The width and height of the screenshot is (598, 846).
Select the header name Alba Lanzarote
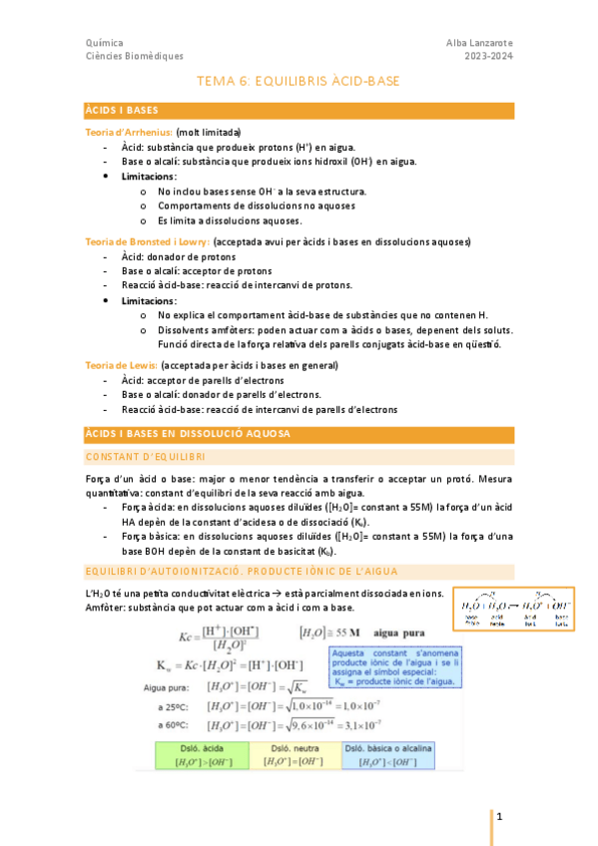(x=479, y=43)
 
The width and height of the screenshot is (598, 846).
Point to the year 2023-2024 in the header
(x=489, y=57)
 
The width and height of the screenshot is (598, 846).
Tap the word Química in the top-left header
(x=105, y=43)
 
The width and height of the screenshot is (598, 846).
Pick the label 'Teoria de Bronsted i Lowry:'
(x=147, y=242)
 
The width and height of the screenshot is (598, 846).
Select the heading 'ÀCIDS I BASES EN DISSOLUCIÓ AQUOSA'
(x=188, y=434)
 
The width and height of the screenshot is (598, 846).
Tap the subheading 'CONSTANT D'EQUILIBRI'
(x=146, y=456)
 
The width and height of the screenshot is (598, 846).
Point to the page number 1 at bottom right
(x=499, y=816)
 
